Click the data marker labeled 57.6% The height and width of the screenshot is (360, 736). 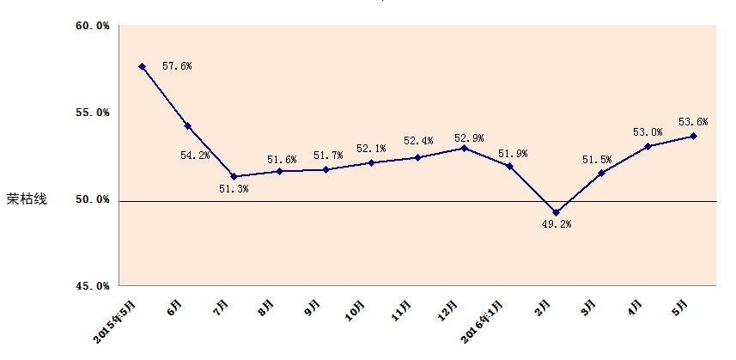pos(142,66)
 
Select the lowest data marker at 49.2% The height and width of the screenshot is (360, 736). pos(556,212)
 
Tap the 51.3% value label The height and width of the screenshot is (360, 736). pos(234,189)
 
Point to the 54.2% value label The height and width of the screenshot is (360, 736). pos(195,156)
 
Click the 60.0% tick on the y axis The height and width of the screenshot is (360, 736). pos(92,27)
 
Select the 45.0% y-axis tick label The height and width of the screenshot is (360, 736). pos(92,285)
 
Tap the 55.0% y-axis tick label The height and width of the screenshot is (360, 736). pos(92,113)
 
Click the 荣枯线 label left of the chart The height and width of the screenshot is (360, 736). pos(27,199)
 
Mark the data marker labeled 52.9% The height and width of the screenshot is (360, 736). pos(464,148)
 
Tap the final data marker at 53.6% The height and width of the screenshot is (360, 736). pos(693,136)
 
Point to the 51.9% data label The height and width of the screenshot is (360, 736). pos(513,154)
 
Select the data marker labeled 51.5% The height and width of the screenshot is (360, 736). pos(601,173)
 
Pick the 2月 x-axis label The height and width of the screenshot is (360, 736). pos(544,307)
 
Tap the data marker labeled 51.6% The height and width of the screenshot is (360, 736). pos(279,171)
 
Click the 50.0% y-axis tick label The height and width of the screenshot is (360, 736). pos(92,199)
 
